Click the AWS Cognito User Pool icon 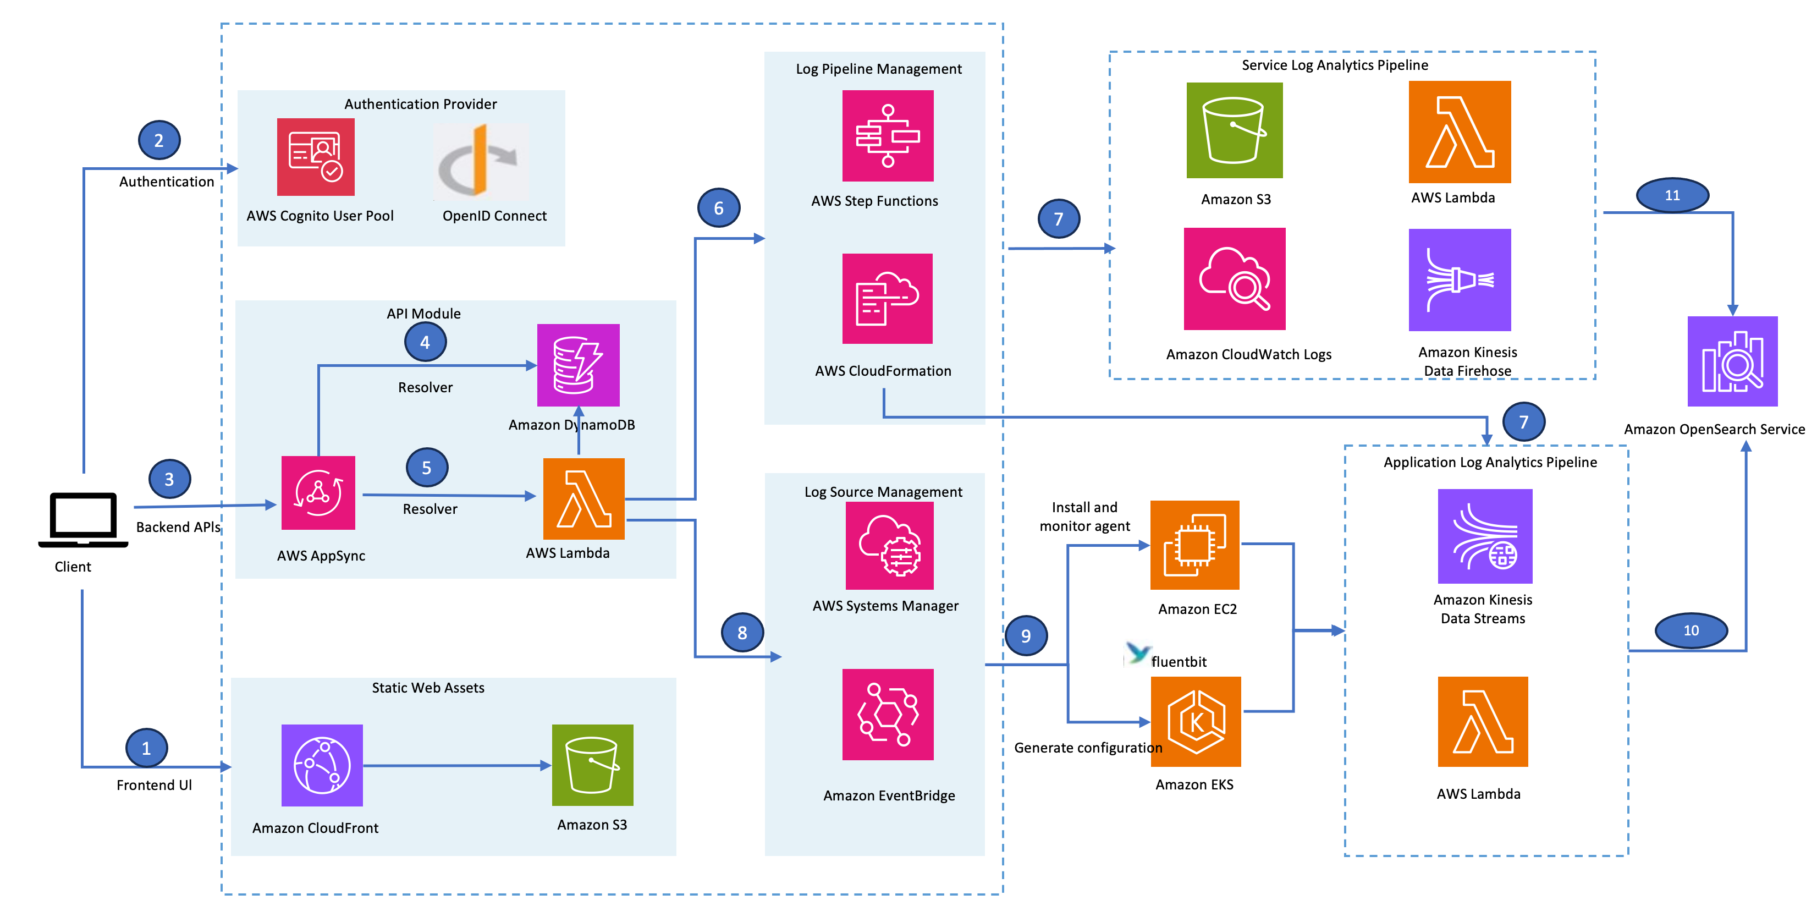tap(315, 157)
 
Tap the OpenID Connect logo tap(480, 161)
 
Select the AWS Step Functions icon tap(888, 135)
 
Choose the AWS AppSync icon tap(318, 492)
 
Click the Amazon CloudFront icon tap(322, 765)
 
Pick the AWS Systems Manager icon tap(889, 545)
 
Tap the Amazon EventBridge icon tap(888, 714)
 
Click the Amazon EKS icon tap(1195, 721)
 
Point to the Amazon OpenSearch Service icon tap(1732, 361)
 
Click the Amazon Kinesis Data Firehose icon tap(1460, 279)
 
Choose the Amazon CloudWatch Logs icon tap(1235, 279)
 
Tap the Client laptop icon tap(83, 519)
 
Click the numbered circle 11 tap(1672, 195)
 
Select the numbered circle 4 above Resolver tap(425, 342)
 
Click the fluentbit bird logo tap(1137, 653)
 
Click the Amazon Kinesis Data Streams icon tap(1485, 536)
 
